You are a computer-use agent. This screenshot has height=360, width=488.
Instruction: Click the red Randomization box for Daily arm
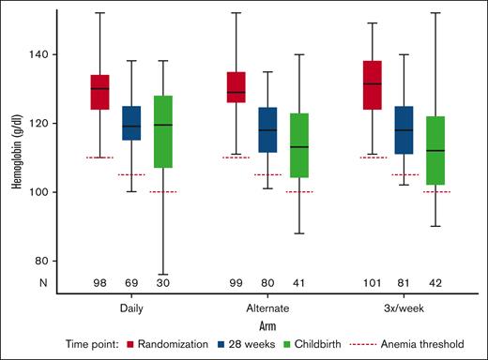point(99,92)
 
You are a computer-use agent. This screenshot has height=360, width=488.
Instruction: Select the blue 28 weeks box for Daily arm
point(131,123)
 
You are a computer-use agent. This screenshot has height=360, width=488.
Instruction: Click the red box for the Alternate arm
point(236,87)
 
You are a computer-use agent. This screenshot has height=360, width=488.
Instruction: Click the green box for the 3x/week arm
point(436,151)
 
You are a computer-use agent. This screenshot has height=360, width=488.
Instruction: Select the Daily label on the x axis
point(131,307)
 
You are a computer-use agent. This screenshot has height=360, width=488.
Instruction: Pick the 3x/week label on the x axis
point(404,307)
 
